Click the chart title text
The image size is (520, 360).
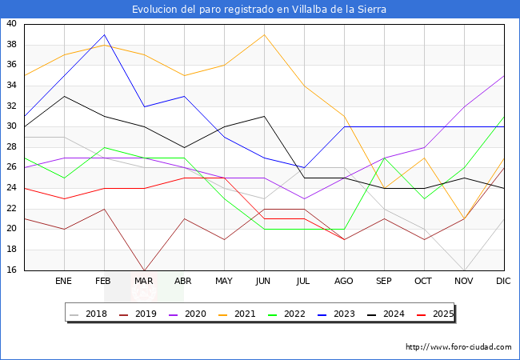click(260, 9)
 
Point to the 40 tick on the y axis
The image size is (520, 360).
click(11, 24)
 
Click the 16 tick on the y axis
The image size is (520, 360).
click(11, 270)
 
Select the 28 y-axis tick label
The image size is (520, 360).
click(11, 147)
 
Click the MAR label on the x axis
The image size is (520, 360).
click(144, 282)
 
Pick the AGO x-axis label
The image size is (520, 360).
click(344, 282)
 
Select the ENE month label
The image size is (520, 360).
click(64, 282)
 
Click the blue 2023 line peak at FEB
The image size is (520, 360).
click(104, 34)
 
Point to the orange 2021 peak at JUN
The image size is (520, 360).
click(264, 34)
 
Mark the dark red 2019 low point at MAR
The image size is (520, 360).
click(144, 270)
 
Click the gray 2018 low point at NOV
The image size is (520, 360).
click(464, 270)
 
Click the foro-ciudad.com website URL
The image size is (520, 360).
click(458, 347)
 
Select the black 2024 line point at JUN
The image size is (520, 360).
click(264, 117)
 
